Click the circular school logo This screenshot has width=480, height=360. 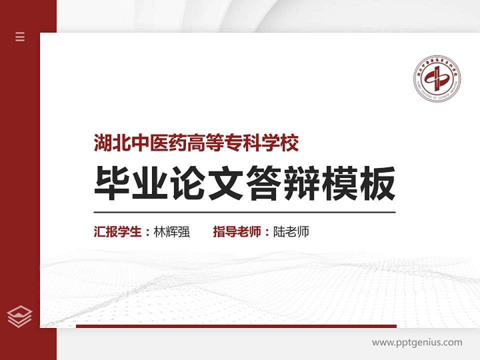436,79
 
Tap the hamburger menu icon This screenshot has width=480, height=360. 20,36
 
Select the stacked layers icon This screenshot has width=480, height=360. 20,316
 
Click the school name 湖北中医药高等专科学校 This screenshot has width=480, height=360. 196,144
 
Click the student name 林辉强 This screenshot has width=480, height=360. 172,232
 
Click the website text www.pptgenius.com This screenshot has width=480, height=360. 417,342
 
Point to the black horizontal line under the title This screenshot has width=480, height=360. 244,212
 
